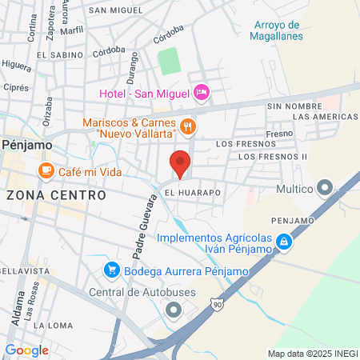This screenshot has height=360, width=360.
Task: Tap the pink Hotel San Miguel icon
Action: pyautogui.click(x=202, y=94)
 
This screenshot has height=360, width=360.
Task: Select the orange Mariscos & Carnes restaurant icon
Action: pyautogui.click(x=188, y=126)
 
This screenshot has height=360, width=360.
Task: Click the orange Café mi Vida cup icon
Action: pyautogui.click(x=46, y=170)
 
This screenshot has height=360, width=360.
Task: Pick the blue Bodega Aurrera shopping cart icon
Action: pyautogui.click(x=113, y=270)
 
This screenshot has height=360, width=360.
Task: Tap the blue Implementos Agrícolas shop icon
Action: pyautogui.click(x=283, y=241)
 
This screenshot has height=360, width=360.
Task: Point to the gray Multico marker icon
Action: pyautogui.click(x=324, y=189)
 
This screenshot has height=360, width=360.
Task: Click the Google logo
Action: pyautogui.click(x=26, y=350)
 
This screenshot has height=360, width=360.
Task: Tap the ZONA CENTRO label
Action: pyautogui.click(x=56, y=194)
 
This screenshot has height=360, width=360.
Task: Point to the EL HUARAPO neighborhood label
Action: pyautogui.click(x=193, y=193)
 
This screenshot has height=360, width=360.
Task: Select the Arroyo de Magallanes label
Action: pyautogui.click(x=276, y=30)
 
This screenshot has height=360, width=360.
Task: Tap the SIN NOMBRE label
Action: pyautogui.click(x=293, y=106)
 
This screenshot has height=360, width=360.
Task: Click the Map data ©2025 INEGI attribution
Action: pyautogui.click(x=313, y=353)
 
